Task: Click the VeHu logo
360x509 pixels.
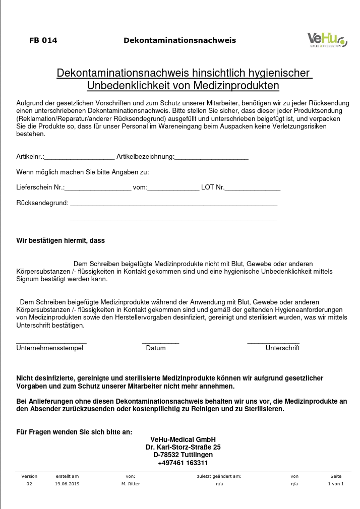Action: pyautogui.click(x=327, y=39)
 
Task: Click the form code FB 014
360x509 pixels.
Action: pyautogui.click(x=43, y=40)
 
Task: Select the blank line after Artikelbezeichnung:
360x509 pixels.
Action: pyautogui.click(x=211, y=158)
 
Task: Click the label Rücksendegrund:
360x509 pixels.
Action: pyautogui.click(x=42, y=203)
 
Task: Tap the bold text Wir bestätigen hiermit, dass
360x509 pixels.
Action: pyautogui.click(x=61, y=241)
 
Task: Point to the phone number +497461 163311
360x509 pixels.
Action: pyautogui.click(x=183, y=463)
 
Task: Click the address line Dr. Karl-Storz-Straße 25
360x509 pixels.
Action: pyautogui.click(x=183, y=447)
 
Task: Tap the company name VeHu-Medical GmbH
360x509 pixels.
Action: pyautogui.click(x=183, y=439)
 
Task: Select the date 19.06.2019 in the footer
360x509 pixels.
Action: pyautogui.click(x=67, y=484)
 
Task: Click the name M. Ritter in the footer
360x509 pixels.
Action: pyautogui.click(x=131, y=484)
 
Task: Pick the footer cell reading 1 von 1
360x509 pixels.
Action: pyautogui.click(x=336, y=484)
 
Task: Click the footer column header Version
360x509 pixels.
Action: pyautogui.click(x=29, y=476)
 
